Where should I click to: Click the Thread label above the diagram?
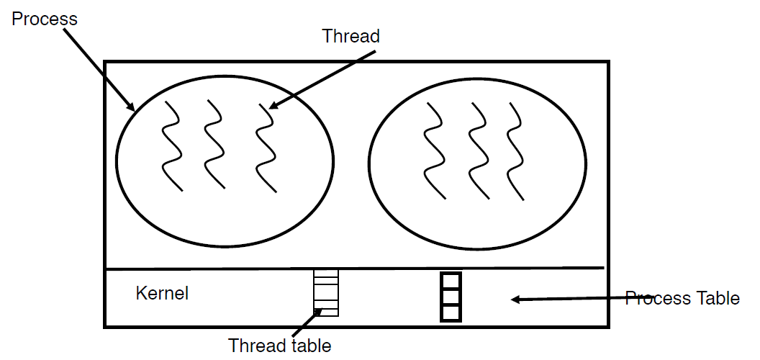pyautogui.click(x=350, y=36)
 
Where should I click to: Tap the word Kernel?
pyautogui.click(x=162, y=293)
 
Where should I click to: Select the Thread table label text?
pyautogui.click(x=280, y=345)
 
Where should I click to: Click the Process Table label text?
pyautogui.click(x=682, y=297)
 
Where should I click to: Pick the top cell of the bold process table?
pyautogui.click(x=451, y=281)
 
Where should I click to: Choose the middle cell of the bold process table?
pyautogui.click(x=451, y=297)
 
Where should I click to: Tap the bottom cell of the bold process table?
pyautogui.click(x=451, y=312)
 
